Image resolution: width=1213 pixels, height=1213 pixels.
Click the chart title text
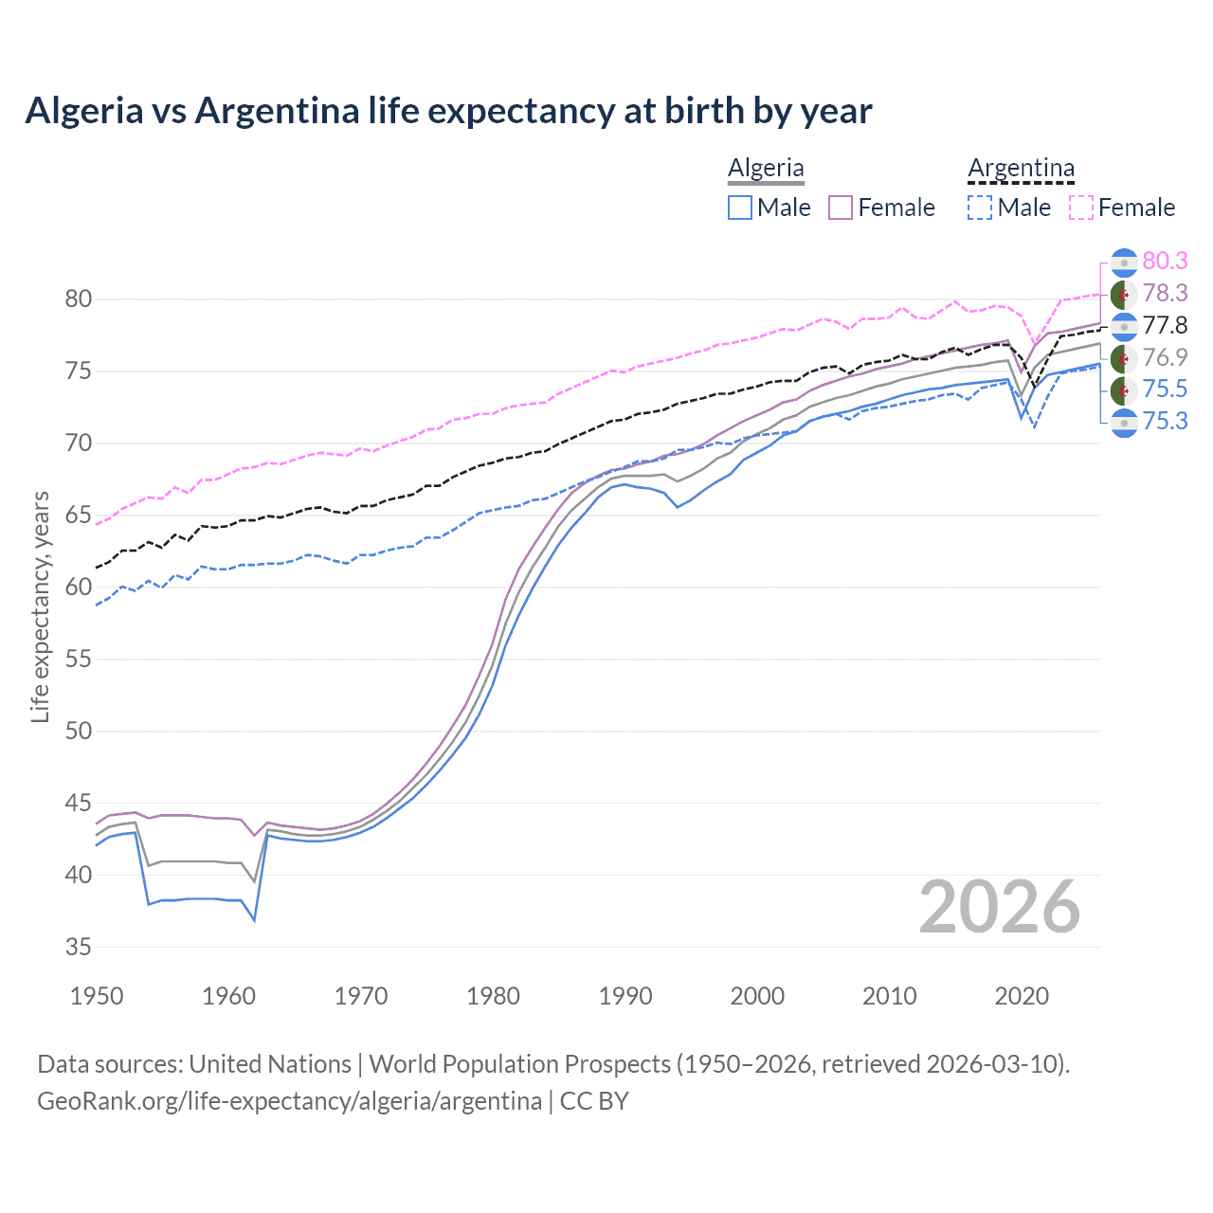point(448,111)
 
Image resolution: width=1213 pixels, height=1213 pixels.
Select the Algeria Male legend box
point(740,208)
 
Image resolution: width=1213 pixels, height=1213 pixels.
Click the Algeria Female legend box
point(841,208)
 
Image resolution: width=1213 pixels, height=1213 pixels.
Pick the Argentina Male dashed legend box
point(980,208)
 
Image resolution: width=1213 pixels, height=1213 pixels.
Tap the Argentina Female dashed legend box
point(1080,208)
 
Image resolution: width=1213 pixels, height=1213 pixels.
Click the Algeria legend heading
point(766,169)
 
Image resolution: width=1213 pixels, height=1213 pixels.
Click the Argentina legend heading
point(1021,169)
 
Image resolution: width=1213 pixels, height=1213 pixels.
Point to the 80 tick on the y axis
point(79,299)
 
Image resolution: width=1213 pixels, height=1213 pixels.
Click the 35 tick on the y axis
point(79,947)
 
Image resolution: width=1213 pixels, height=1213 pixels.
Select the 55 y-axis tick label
point(79,660)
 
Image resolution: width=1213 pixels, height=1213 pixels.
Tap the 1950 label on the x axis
point(97,996)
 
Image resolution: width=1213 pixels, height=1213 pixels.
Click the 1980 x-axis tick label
point(493,996)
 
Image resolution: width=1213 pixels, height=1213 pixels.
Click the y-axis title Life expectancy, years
point(41,606)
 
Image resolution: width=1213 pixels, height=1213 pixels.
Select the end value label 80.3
point(1165,262)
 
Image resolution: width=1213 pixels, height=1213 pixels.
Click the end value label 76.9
point(1165,357)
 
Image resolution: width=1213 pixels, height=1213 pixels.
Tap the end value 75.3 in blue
point(1165,422)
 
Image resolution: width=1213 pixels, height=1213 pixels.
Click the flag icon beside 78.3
point(1124,294)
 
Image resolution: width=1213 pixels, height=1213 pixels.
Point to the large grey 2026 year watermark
point(999,907)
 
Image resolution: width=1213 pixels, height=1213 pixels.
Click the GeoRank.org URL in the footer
point(289,1101)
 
